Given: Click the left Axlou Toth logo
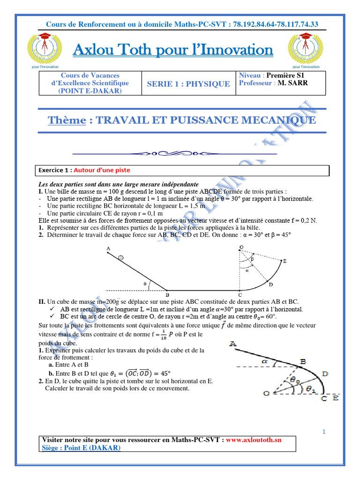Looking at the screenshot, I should click(x=45, y=50).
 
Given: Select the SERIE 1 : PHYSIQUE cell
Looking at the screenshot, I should click(x=188, y=84).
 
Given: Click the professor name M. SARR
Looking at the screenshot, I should click(x=292, y=83).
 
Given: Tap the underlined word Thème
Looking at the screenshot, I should click(x=67, y=120).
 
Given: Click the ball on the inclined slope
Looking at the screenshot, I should click(x=121, y=257).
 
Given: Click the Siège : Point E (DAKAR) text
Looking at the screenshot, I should click(x=81, y=448).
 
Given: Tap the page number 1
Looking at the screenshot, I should click(x=324, y=432).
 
